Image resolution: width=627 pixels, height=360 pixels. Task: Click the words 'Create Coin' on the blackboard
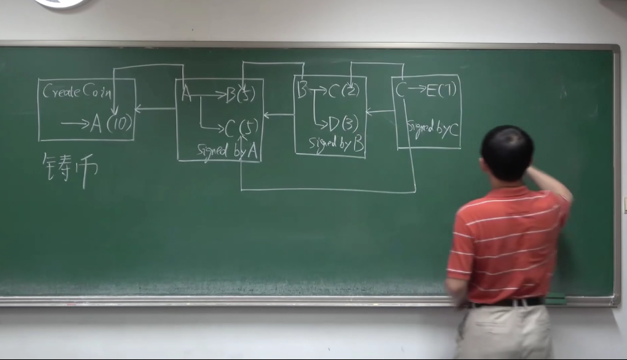(77, 92)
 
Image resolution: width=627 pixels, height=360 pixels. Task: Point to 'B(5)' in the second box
(241, 95)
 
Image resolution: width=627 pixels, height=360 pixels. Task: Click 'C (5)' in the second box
(241, 127)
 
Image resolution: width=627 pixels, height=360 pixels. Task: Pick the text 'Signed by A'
(227, 151)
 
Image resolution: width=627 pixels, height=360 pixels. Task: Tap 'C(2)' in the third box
(343, 91)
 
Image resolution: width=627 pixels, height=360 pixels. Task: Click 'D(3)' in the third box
(343, 124)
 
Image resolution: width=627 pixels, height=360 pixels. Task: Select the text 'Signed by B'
(336, 143)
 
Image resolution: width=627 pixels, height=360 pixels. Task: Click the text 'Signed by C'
(432, 129)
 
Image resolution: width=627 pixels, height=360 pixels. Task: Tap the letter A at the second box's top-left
(186, 95)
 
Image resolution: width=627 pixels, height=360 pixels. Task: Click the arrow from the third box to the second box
(278, 115)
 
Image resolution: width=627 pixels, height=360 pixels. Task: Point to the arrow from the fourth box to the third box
(380, 111)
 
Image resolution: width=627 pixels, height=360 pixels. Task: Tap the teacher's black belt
(507, 303)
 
